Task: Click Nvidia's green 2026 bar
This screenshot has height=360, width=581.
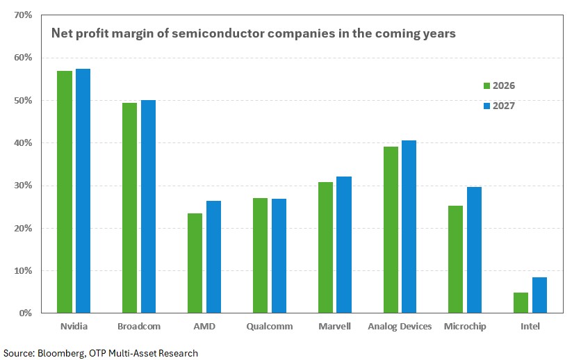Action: pyautogui.click(x=65, y=192)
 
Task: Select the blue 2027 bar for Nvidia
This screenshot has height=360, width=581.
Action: pyautogui.click(x=83, y=191)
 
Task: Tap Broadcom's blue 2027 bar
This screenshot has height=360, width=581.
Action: pyautogui.click(x=148, y=206)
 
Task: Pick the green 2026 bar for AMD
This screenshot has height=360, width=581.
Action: pyautogui.click(x=195, y=263)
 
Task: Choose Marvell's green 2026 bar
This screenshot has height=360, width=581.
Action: pyautogui.click(x=325, y=247)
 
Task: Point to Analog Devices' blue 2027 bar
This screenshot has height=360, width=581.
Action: pyautogui.click(x=409, y=227)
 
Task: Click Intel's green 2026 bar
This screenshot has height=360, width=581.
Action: pyautogui.click(x=521, y=303)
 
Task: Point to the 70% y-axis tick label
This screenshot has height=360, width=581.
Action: pyautogui.click(x=24, y=15)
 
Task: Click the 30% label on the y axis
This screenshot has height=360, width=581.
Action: pyautogui.click(x=24, y=186)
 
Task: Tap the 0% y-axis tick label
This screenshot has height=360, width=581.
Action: pyautogui.click(x=26, y=313)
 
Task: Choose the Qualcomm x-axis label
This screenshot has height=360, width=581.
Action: pyautogui.click(x=269, y=326)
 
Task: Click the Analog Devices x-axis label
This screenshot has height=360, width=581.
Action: pyautogui.click(x=400, y=326)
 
